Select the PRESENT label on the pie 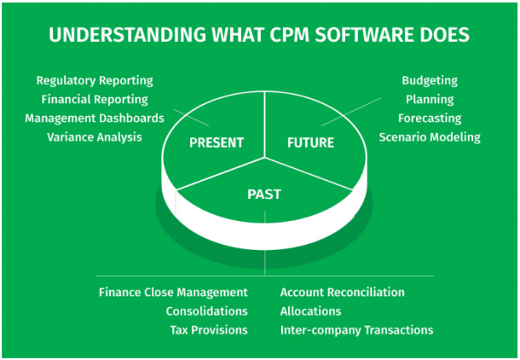point(217,142)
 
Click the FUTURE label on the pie point(310,142)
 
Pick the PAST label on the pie point(264,194)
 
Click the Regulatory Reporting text point(95,80)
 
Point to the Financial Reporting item point(95,99)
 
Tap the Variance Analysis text point(95,136)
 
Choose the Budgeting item point(430,80)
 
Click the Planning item point(435,99)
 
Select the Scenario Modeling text point(430,136)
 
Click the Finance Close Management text point(173,292)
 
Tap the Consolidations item point(206,311)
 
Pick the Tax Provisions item point(207,329)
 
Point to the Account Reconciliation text point(343,292)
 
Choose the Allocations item point(312,311)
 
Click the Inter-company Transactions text point(356,329)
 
